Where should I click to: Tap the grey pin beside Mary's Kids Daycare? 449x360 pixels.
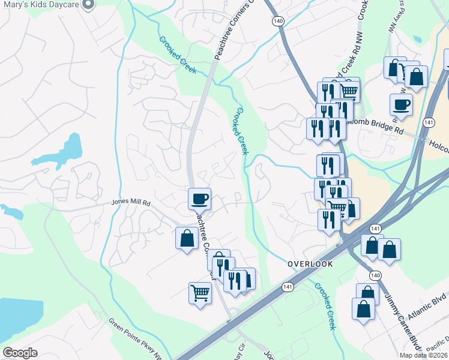(88, 5)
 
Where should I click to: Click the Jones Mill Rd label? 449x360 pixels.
(130, 203)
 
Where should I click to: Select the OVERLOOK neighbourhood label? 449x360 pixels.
(309, 264)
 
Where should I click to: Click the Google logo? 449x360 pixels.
(20, 352)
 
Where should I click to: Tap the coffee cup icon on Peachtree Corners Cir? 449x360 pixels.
(199, 198)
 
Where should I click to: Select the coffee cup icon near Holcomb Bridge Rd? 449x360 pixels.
(401, 104)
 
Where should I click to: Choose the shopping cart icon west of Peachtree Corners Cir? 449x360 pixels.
(200, 293)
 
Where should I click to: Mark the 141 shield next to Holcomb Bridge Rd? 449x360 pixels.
(429, 122)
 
